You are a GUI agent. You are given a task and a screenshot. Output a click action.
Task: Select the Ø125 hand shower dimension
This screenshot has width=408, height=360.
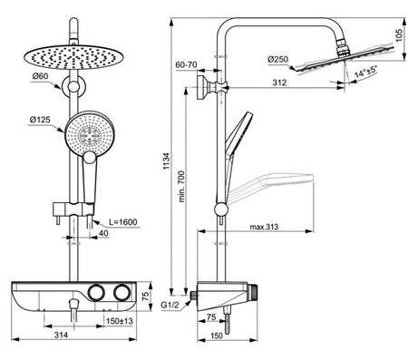click(x=38, y=119)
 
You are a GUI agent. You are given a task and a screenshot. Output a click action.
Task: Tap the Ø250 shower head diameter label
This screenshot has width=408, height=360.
click(x=279, y=60)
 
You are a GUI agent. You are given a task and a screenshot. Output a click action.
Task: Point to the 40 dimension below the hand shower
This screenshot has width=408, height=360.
click(x=105, y=234)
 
